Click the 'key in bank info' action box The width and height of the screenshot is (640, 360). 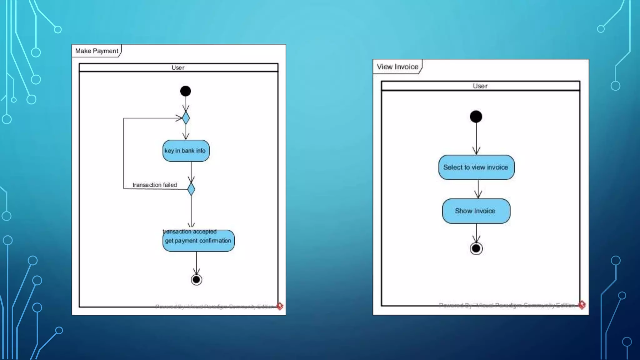click(186, 151)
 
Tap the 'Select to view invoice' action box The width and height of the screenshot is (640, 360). click(476, 167)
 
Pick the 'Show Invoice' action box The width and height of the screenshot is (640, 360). click(476, 211)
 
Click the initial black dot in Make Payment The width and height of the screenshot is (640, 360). click(186, 91)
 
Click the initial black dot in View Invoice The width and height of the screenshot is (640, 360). click(476, 117)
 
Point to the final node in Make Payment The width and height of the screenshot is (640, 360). click(197, 280)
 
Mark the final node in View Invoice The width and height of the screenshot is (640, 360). click(476, 249)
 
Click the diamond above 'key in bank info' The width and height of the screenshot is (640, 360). click(186, 118)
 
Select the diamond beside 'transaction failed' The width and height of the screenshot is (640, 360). click(191, 189)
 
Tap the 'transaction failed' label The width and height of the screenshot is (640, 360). click(155, 185)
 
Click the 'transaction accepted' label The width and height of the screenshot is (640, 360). click(190, 232)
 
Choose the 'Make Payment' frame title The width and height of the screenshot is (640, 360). click(97, 51)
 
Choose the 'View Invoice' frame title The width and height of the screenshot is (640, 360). click(397, 67)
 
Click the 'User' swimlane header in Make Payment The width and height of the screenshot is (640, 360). click(178, 67)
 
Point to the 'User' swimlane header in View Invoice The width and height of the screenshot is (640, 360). click(480, 86)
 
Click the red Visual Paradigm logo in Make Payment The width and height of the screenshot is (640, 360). click(280, 306)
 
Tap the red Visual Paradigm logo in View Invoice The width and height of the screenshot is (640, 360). click(582, 305)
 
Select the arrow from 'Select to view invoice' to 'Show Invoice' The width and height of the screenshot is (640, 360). click(478, 189)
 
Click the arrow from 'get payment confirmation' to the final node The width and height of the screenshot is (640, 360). click(197, 263)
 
